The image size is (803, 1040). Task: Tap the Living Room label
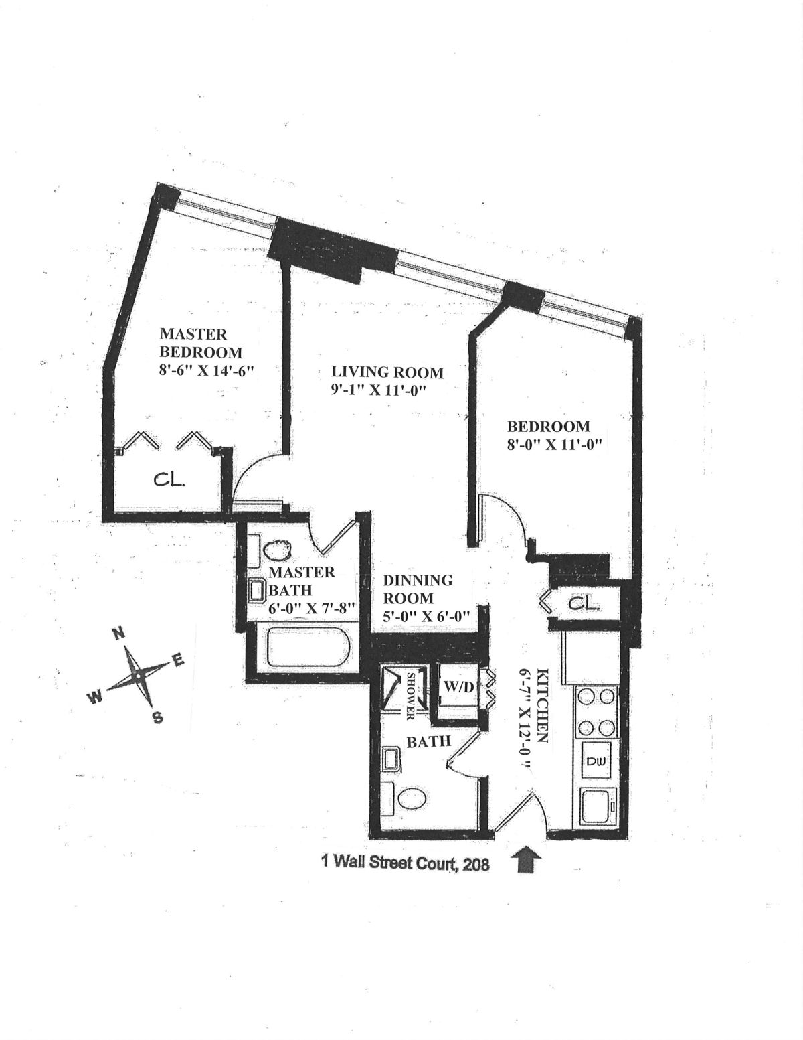[x=387, y=372]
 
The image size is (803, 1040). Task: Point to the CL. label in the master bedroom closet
[x=170, y=481]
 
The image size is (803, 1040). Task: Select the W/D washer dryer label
[x=458, y=688]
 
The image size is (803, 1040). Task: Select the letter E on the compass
[x=177, y=660]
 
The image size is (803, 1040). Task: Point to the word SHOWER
[x=410, y=696]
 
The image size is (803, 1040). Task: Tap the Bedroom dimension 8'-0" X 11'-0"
[x=553, y=443]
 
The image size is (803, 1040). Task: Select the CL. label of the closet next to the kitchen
[x=584, y=603]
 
